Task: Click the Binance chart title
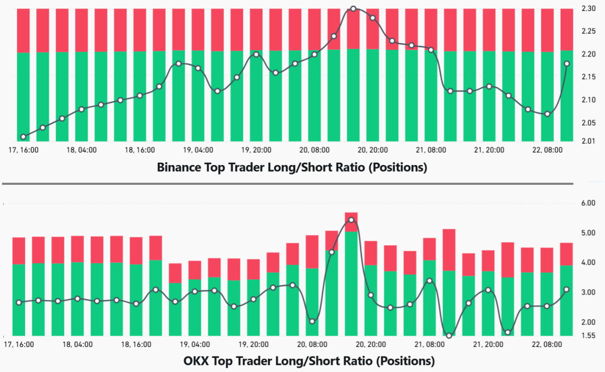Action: pos(292,167)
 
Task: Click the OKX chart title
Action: pos(309,361)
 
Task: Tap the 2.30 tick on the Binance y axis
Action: pos(590,9)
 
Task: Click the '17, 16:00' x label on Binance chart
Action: pos(24,150)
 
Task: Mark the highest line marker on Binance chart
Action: pos(353,9)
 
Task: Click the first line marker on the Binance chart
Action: pos(23,137)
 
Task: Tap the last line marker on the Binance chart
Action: pos(567,64)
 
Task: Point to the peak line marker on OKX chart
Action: pos(351,220)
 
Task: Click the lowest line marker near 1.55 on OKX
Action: pos(449,336)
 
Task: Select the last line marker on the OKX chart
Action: pos(566,289)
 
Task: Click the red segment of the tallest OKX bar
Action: pos(351,222)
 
